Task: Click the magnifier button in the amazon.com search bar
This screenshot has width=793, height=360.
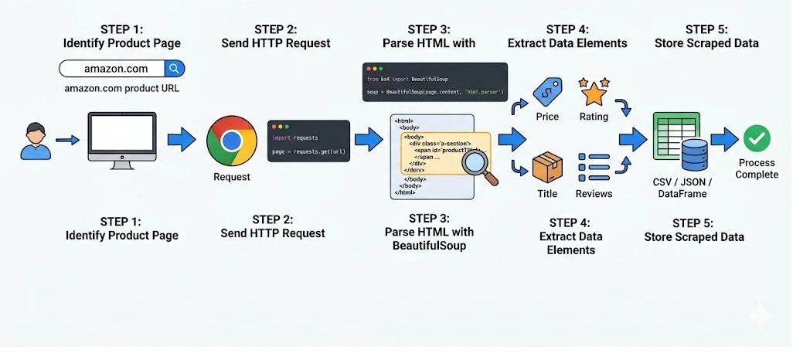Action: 175,69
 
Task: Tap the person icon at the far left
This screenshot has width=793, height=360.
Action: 35,140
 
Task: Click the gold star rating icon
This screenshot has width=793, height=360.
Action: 594,92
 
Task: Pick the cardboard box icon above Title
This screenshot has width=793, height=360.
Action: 547,168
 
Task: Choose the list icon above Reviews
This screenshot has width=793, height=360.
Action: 594,167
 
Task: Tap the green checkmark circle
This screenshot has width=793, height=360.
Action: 757,139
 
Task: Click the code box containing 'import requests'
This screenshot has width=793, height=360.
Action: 306,141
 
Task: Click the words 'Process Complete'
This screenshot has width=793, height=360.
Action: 757,168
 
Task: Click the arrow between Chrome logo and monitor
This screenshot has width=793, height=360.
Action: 182,140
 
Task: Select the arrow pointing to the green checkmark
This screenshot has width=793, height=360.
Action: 724,140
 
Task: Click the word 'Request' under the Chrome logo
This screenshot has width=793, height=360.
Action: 231,177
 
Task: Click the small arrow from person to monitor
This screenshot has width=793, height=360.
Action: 68,140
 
